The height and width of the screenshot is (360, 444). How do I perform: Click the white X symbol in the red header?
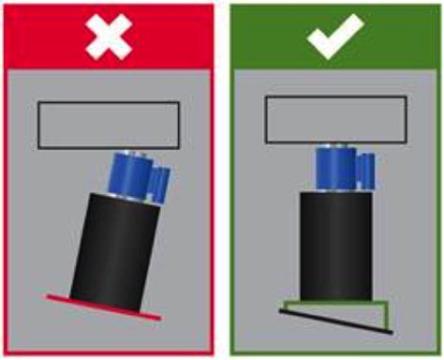coord(108,37)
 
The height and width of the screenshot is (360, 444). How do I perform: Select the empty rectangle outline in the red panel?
coord(108,125)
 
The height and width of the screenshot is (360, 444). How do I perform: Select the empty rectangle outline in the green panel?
coord(334,118)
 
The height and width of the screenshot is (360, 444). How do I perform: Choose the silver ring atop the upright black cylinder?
coord(335,189)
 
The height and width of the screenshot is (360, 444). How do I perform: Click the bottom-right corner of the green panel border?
coord(437,353)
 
